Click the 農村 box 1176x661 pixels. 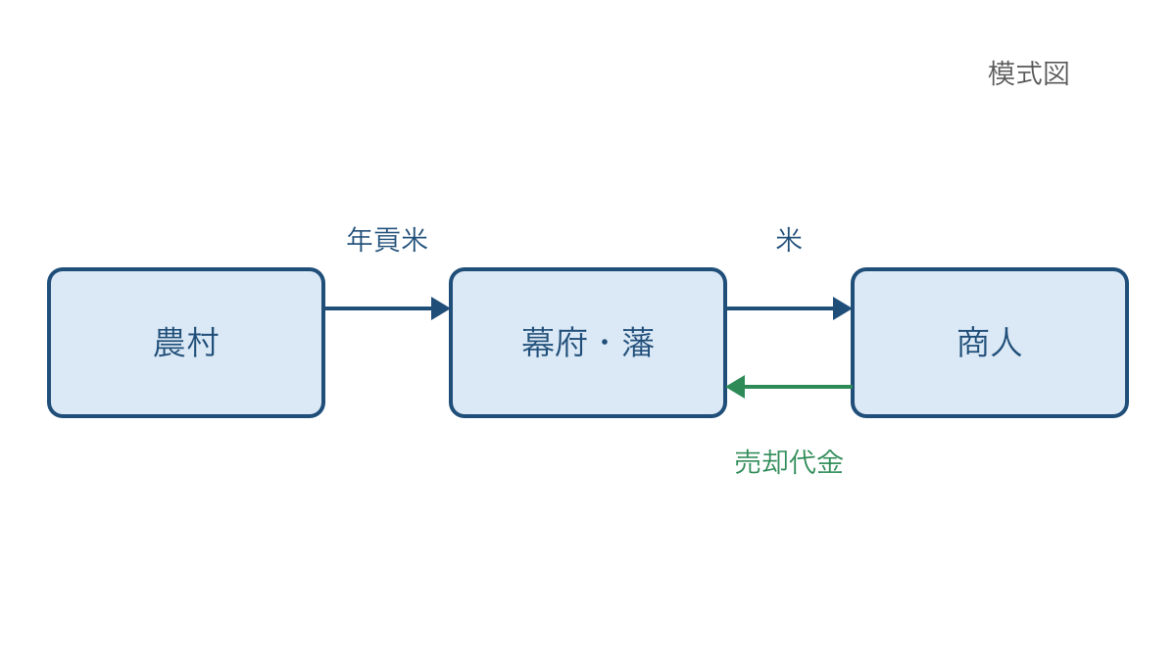[x=186, y=343]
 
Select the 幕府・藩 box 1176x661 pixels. [x=588, y=343]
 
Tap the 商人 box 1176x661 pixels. [x=990, y=343]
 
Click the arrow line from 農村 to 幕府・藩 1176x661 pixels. [x=387, y=308]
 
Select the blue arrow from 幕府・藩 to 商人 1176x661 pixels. [x=789, y=308]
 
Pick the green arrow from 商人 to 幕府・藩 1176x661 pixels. [x=789, y=387]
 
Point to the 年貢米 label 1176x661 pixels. [x=387, y=240]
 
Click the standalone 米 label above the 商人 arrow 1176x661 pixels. [x=789, y=240]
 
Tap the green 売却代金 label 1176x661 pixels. [x=789, y=462]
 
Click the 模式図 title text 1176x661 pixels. [x=1029, y=73]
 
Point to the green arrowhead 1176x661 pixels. [x=735, y=387]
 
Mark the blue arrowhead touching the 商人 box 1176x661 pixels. [x=842, y=308]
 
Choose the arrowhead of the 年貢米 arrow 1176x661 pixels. [x=440, y=308]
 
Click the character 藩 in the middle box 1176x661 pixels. [x=638, y=343]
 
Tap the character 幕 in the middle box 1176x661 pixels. [x=538, y=343]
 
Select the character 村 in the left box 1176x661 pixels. [x=202, y=343]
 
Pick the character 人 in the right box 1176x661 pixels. [x=1005, y=343]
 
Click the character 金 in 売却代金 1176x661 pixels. [x=830, y=462]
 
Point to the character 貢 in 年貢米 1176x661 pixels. [x=387, y=240]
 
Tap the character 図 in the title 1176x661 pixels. [x=1056, y=73]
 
